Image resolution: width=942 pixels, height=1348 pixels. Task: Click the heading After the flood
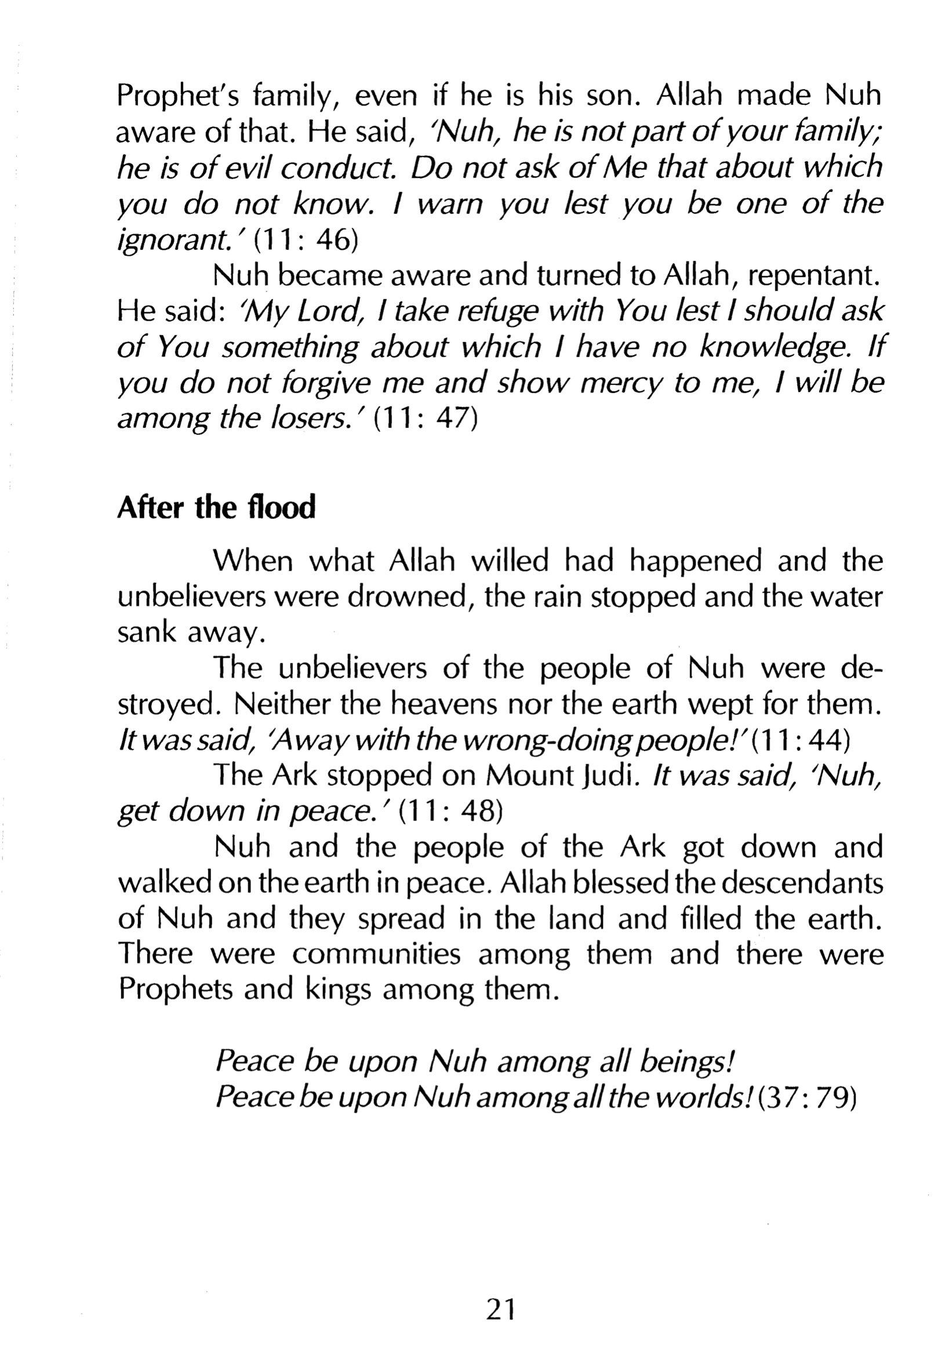(x=216, y=508)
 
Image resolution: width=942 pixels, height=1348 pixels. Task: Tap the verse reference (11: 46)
(x=307, y=240)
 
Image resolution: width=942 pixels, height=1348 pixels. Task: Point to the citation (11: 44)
(x=800, y=741)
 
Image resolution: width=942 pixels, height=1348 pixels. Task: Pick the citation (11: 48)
(x=450, y=812)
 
